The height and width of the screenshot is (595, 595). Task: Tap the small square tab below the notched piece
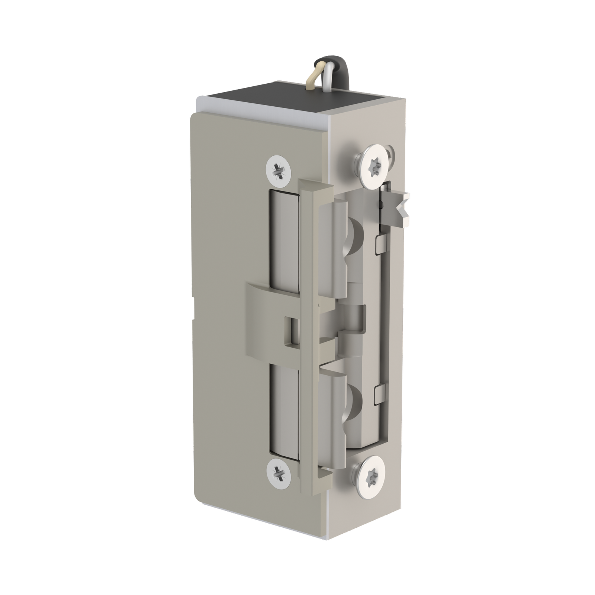pos(381,243)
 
